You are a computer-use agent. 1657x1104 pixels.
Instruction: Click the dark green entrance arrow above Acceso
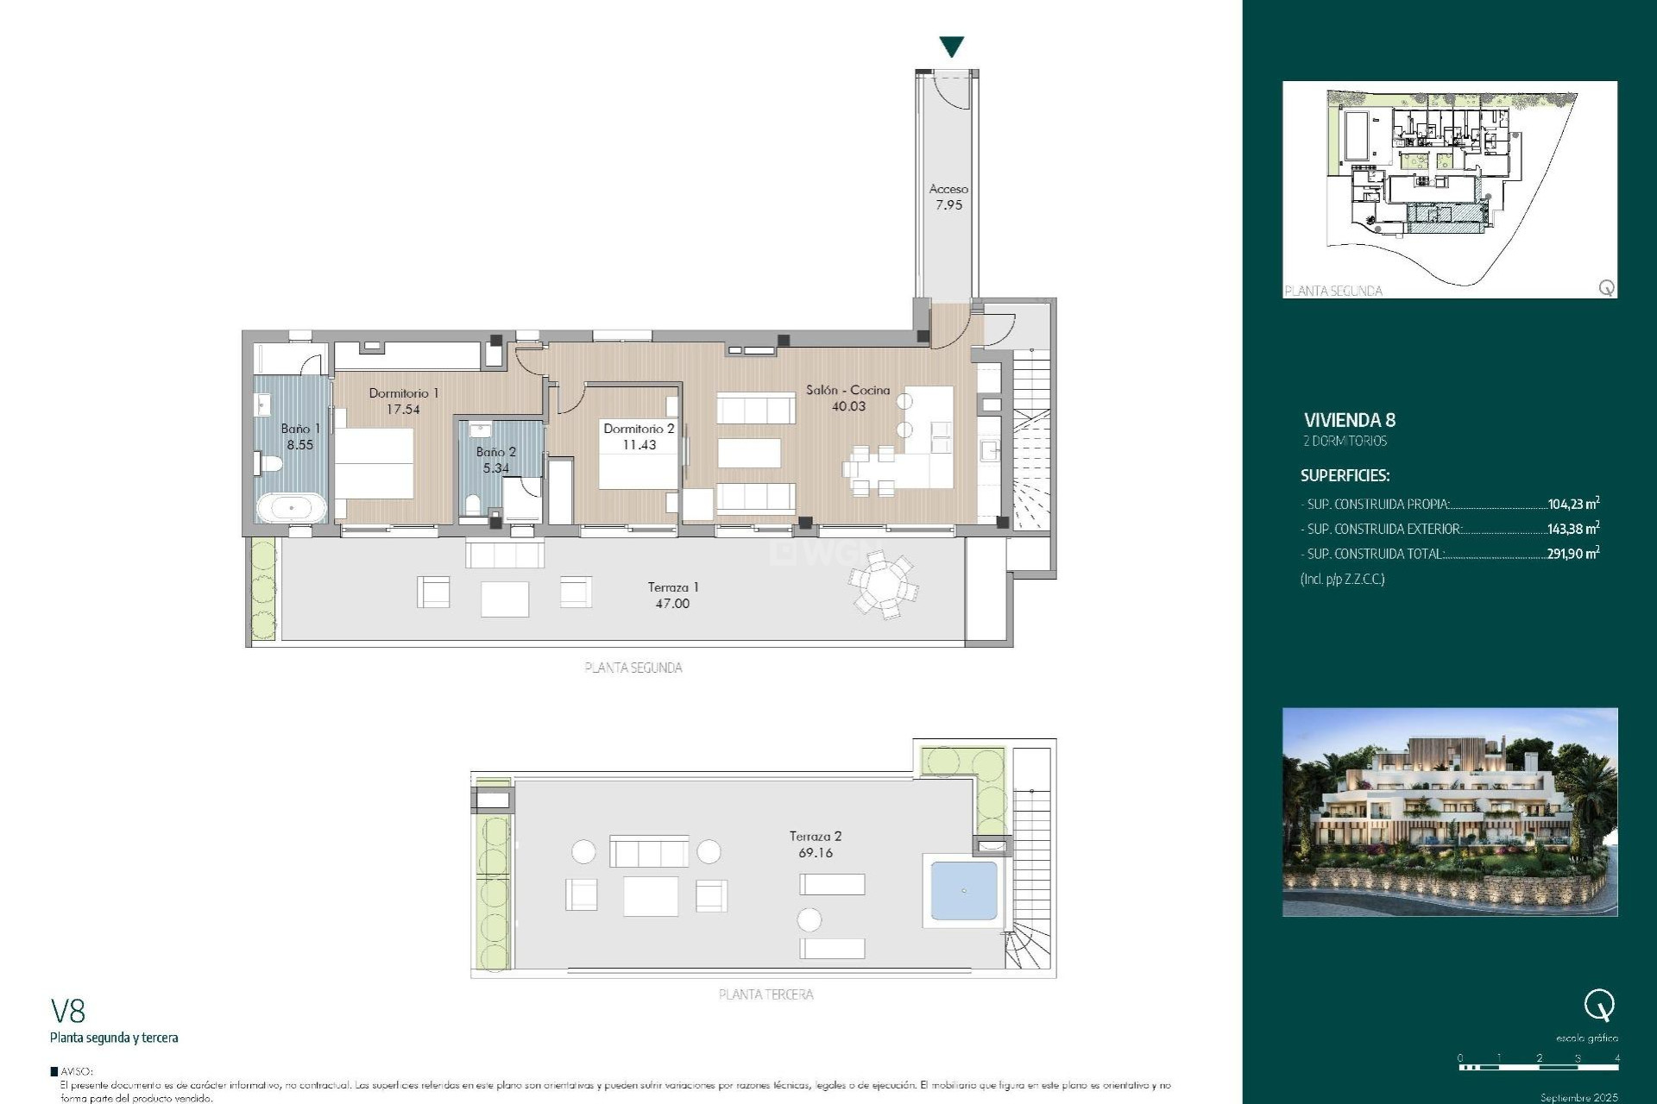(x=951, y=47)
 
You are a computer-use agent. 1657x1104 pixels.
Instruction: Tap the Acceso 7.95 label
(x=948, y=197)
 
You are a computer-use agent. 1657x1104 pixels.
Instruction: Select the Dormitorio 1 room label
(x=403, y=401)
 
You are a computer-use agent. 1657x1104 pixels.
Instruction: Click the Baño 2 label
(x=495, y=460)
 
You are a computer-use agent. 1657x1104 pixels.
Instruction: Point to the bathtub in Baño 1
(x=292, y=508)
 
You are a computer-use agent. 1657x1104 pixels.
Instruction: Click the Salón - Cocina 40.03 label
(x=847, y=398)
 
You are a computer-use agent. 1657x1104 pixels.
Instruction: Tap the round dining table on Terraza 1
(x=883, y=586)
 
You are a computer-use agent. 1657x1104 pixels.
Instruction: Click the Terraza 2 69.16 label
(x=815, y=844)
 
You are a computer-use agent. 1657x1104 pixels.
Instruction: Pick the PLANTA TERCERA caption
(x=765, y=994)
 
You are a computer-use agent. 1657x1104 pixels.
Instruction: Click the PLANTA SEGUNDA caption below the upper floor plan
(x=633, y=668)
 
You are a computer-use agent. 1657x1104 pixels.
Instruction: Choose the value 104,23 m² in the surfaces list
(x=1572, y=504)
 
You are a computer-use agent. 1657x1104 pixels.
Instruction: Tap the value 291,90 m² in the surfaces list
(x=1572, y=554)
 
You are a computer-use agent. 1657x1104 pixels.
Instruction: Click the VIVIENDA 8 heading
(x=1349, y=420)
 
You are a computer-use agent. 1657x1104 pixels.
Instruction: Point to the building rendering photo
(x=1449, y=812)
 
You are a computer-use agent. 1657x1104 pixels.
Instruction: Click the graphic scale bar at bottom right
(x=1539, y=1067)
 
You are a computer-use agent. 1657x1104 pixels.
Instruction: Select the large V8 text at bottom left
(x=68, y=1011)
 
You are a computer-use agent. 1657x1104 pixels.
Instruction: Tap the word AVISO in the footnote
(x=76, y=1071)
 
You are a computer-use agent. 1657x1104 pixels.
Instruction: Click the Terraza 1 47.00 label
(x=672, y=595)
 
